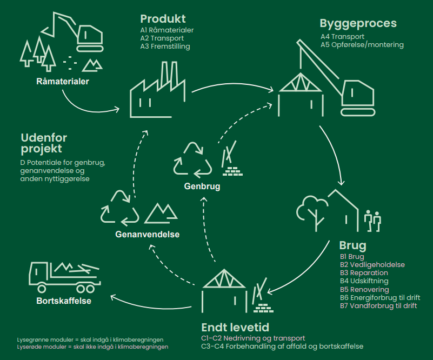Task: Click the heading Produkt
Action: click(x=163, y=19)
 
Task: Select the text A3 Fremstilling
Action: click(x=165, y=46)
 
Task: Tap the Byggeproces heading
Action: click(x=358, y=24)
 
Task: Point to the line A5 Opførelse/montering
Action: click(x=362, y=45)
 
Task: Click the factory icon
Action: click(x=158, y=90)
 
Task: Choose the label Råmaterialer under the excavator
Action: click(x=63, y=82)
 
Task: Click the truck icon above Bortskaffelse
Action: click(x=65, y=277)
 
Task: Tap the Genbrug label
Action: click(x=202, y=186)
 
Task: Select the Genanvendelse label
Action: click(x=148, y=235)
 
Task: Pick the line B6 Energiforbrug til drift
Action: click(x=380, y=298)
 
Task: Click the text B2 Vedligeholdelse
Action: click(x=372, y=265)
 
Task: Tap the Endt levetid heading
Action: click(x=235, y=328)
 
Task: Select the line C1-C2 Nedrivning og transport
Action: click(x=253, y=338)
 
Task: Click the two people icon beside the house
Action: click(x=372, y=221)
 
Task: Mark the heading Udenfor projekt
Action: click(x=44, y=143)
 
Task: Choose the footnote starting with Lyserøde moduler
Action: click(x=92, y=346)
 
